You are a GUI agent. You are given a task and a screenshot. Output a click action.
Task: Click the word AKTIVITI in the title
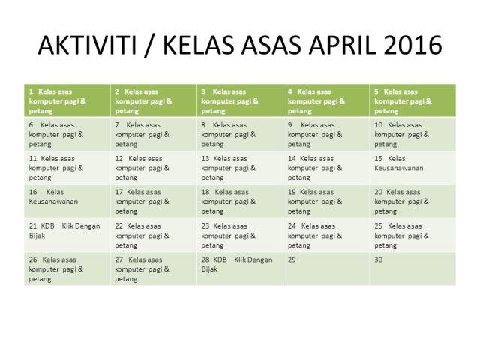tap(87, 45)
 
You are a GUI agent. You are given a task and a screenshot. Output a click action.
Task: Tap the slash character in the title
tap(149, 46)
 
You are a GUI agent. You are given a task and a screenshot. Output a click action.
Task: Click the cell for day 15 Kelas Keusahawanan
tap(412, 168)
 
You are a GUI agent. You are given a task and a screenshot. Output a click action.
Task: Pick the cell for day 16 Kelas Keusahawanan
tap(67, 202)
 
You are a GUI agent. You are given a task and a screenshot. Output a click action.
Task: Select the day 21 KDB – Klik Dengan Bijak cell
tap(67, 235)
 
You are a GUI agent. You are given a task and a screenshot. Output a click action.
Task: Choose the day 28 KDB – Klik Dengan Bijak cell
tap(240, 268)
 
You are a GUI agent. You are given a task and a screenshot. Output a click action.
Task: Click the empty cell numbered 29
tap(326, 268)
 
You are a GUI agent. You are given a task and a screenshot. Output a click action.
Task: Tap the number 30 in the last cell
tap(378, 259)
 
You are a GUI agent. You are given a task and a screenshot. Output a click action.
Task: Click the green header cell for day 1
tap(67, 100)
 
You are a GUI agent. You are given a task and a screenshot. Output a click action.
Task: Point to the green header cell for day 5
tap(412, 100)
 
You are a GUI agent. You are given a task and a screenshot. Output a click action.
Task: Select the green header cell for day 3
tap(240, 100)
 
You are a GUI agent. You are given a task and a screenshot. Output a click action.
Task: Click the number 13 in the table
tap(205, 159)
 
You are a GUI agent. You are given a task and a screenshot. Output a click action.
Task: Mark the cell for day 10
tap(412, 134)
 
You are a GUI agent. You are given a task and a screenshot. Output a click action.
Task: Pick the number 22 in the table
tap(118, 226)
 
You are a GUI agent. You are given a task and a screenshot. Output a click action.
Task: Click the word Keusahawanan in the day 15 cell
tap(398, 168)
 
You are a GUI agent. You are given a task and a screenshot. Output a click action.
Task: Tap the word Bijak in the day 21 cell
tap(37, 235)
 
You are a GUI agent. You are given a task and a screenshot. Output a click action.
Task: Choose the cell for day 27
tap(154, 268)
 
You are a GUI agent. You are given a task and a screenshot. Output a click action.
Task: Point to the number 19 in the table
tap(292, 192)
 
